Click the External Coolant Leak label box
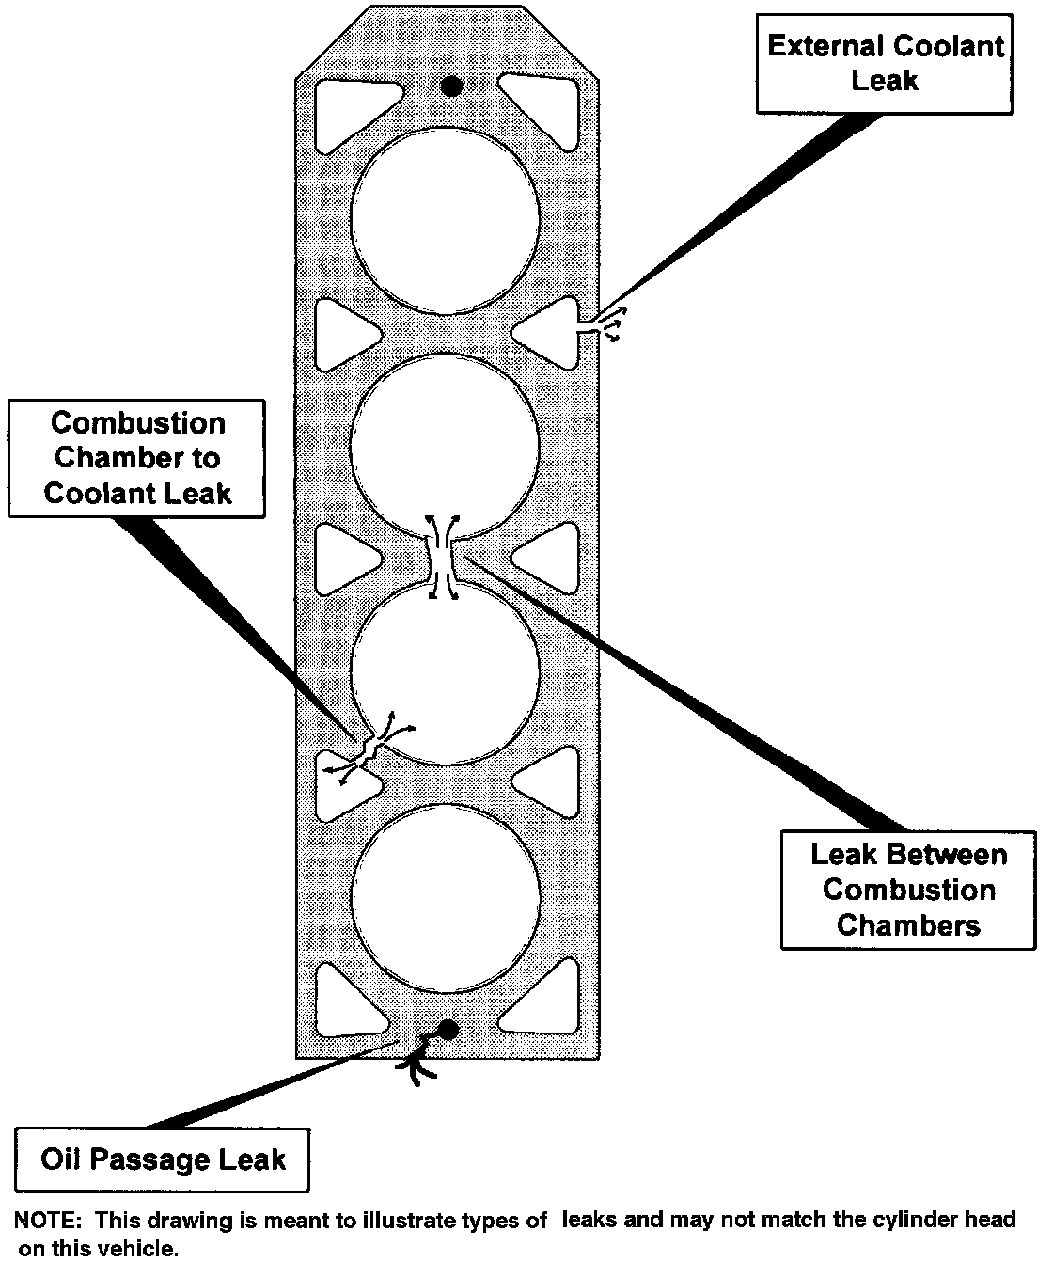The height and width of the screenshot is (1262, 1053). (885, 63)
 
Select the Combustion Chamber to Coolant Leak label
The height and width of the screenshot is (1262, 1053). (137, 458)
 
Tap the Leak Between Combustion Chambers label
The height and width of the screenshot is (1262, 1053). (907, 890)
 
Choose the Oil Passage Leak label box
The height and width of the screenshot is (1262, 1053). (163, 1159)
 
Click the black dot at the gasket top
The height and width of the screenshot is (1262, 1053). (451, 87)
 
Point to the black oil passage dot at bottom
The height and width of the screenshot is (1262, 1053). (448, 1030)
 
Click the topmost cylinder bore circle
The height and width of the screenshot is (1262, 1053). (446, 218)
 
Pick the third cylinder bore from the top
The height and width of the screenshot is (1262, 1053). (446, 670)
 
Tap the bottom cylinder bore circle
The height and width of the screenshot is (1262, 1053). (446, 894)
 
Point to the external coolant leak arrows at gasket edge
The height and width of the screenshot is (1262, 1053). (606, 324)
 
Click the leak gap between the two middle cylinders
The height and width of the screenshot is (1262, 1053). (441, 559)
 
